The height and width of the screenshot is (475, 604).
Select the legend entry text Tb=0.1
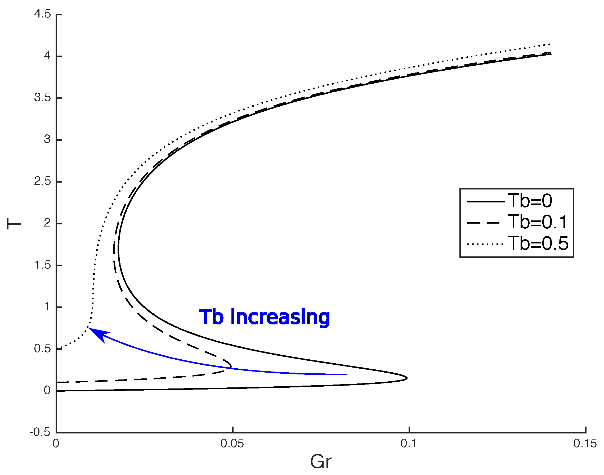pos(537,222)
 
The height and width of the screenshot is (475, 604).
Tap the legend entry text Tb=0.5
pos(538,244)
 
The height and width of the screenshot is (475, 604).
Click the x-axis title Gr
pos(320,462)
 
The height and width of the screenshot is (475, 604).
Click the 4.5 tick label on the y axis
pos(43,14)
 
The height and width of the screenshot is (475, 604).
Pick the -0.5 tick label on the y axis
pos(40,432)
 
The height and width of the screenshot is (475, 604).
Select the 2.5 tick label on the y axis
pos(43,181)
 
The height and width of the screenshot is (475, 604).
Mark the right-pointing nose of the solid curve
pos(407,378)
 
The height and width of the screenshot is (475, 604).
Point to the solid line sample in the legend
pos(485,201)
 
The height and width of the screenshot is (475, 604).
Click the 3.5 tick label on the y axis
pos(43,98)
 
